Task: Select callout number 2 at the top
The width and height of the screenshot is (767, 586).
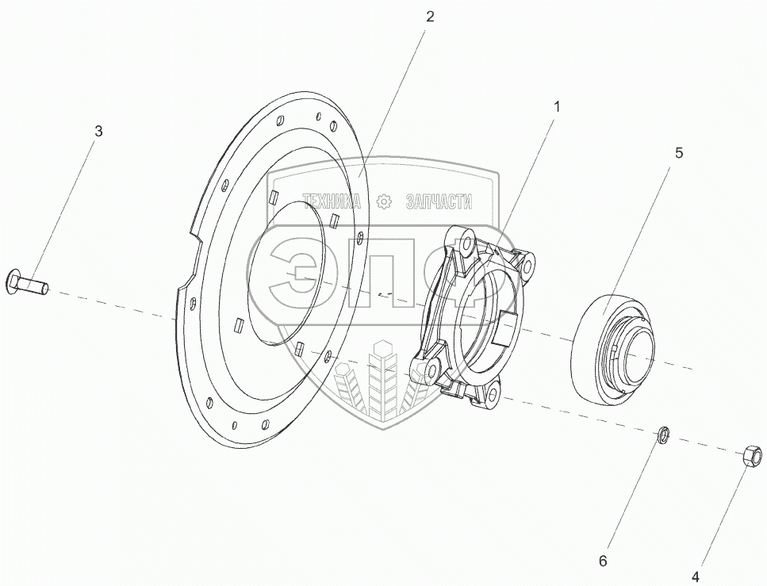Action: pyautogui.click(x=429, y=16)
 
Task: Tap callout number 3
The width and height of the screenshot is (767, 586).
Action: pyautogui.click(x=98, y=132)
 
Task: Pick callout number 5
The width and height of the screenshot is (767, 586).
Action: pyautogui.click(x=678, y=152)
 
